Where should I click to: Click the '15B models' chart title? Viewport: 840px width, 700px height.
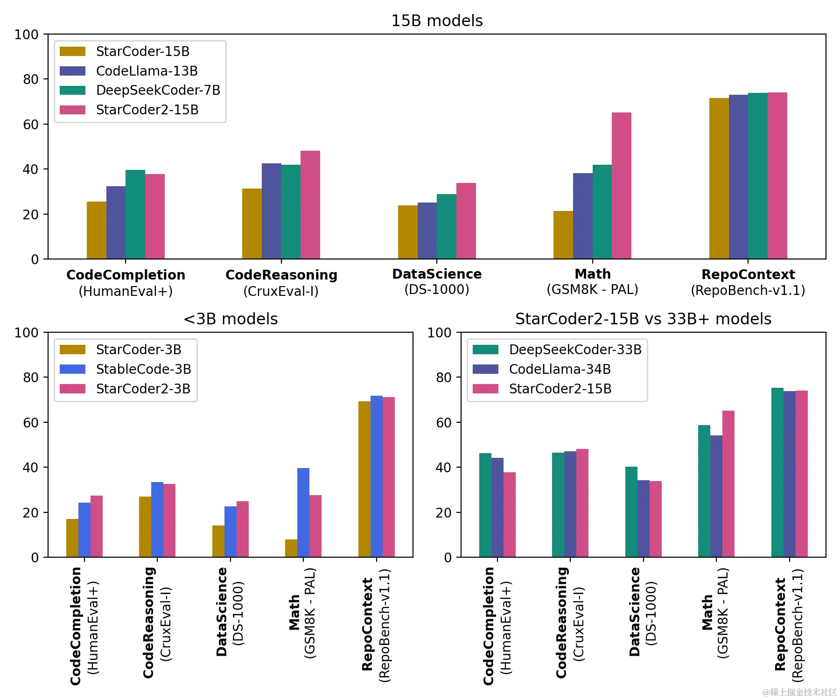[x=437, y=21]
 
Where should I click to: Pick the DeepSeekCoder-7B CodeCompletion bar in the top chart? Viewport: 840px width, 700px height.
[x=135, y=214]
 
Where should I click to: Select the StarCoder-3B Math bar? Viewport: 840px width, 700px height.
[x=291, y=548]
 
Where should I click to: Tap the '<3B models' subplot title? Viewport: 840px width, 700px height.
[x=231, y=319]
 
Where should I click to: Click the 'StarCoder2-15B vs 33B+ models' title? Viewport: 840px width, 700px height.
[x=643, y=319]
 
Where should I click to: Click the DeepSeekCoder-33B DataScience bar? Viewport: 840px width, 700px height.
[x=631, y=512]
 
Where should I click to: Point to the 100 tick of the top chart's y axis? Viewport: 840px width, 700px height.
[x=27, y=35]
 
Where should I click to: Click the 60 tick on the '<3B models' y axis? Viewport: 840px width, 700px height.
[x=30, y=422]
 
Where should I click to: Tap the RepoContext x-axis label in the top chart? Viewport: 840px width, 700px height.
[x=748, y=282]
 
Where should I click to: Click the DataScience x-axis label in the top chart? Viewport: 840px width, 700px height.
[x=437, y=281]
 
